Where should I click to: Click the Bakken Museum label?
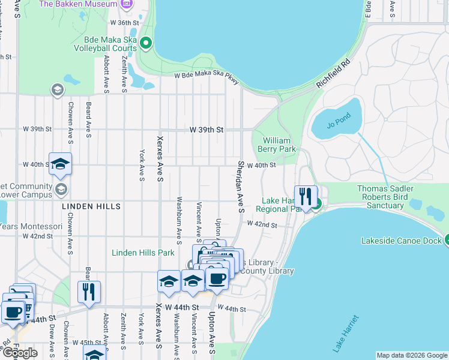pyautogui.click(x=78, y=4)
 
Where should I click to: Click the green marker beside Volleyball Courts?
pyautogui.click(x=146, y=43)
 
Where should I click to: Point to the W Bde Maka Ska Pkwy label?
pyautogui.click(x=206, y=78)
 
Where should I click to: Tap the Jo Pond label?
pyautogui.click(x=337, y=125)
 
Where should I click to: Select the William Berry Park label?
pyautogui.click(x=277, y=144)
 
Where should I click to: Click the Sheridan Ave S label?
pyautogui.click(x=241, y=186)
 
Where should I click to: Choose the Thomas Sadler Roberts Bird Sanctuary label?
pyautogui.click(x=381, y=197)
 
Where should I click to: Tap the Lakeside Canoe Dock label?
pyautogui.click(x=401, y=241)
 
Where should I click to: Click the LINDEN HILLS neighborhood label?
pyautogui.click(x=91, y=206)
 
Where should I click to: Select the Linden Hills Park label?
pyautogui.click(x=143, y=253)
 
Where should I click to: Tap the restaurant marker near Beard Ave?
pyautogui.click(x=89, y=292)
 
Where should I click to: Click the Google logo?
pyautogui.click(x=19, y=353)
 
